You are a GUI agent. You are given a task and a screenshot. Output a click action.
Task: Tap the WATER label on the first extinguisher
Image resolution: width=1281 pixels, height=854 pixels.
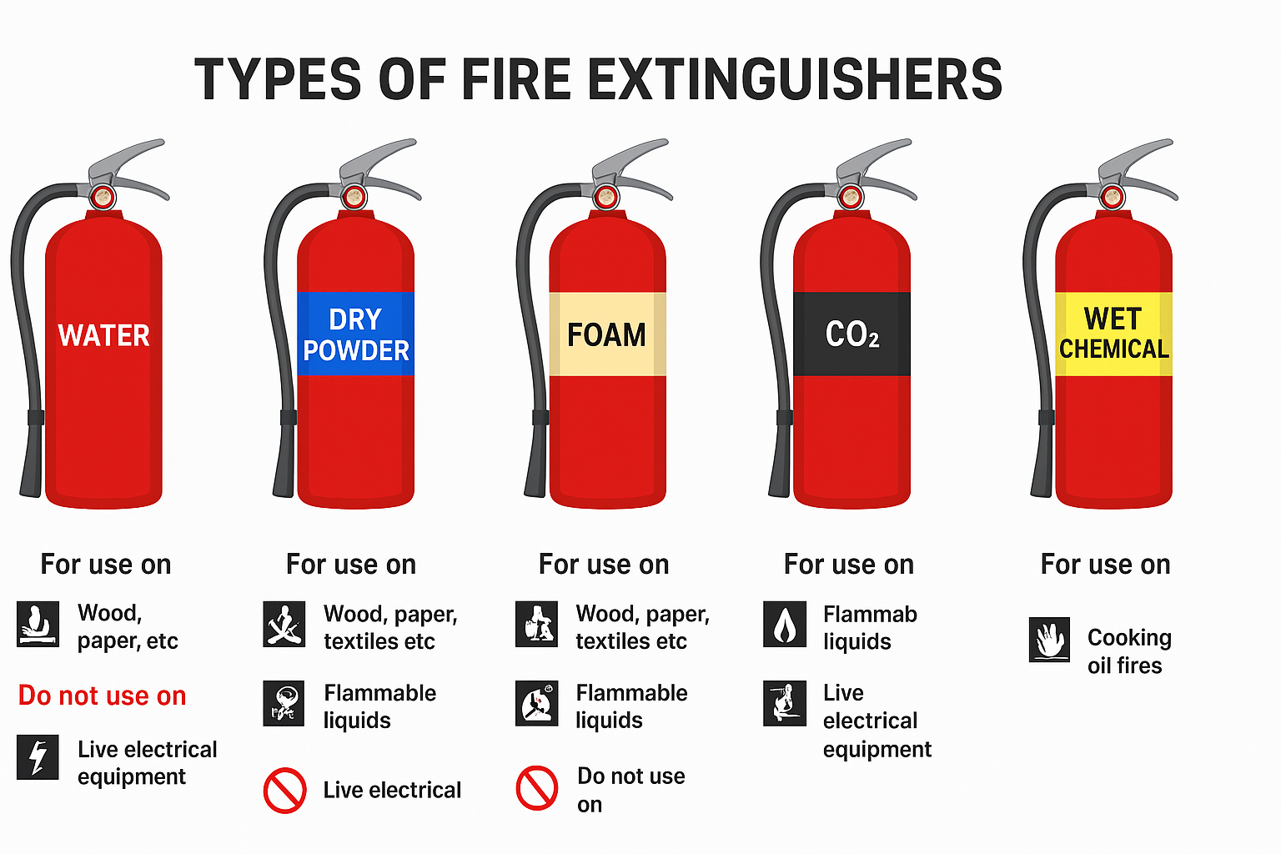pos(103,335)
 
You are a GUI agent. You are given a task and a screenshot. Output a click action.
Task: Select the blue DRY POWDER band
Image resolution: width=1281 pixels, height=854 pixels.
pos(355,334)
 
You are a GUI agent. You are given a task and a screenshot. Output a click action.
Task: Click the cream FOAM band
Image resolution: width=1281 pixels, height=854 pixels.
pos(607,334)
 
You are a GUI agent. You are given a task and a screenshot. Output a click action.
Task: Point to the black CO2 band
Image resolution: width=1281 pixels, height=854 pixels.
pos(851,334)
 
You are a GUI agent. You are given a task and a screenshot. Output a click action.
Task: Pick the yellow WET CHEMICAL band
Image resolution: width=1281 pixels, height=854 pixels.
pos(1113,334)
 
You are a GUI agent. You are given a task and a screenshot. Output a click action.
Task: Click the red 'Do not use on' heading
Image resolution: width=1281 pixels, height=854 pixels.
pos(103,696)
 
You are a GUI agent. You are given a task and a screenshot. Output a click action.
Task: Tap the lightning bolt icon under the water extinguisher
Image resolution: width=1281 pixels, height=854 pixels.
pos(38,756)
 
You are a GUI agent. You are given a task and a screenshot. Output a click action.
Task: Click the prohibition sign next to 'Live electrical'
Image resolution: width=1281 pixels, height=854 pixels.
pos(284,790)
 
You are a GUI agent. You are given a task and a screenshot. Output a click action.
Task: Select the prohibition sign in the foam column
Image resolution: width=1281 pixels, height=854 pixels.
pos(537,788)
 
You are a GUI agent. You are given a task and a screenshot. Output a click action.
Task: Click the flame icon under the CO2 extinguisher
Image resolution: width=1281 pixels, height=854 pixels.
pos(785,624)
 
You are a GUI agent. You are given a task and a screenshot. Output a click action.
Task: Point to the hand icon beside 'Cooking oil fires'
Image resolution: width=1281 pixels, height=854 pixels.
pos(1049,640)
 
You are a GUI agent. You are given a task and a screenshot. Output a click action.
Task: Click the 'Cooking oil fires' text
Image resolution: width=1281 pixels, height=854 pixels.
pos(1129,651)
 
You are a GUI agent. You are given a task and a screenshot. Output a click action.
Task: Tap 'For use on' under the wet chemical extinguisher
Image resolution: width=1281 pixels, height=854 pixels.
pos(1105,565)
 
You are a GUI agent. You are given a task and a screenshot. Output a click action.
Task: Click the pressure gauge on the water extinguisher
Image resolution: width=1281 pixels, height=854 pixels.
pos(103,198)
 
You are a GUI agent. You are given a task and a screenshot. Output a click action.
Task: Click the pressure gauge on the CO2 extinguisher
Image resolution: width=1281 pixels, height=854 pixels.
pos(851,198)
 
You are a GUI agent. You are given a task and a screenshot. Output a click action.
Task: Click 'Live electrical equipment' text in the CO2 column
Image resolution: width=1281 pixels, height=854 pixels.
pos(877,721)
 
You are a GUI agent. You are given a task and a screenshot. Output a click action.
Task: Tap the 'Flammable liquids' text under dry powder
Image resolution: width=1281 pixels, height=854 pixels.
pos(379,706)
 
